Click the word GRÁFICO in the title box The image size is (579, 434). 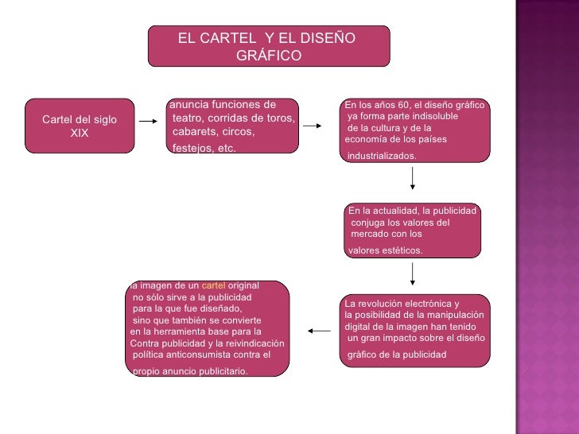coord(269,56)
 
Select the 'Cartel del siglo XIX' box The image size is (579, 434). coord(79,126)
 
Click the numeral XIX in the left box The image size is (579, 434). coord(80,133)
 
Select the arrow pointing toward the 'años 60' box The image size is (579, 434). coord(313,126)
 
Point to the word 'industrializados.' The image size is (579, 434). coord(382,156)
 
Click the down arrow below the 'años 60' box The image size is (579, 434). coord(413,178)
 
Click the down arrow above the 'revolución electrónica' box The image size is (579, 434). coord(413,274)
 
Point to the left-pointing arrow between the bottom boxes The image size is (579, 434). coord(319,331)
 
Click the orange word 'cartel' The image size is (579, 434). coord(214,285)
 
